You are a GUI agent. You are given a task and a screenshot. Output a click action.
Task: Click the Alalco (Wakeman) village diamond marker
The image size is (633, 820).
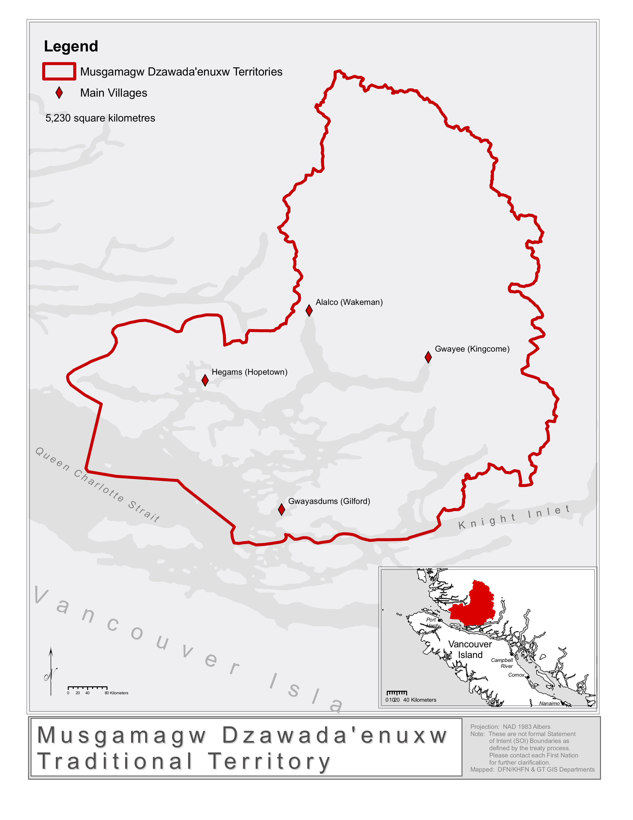[x=309, y=311]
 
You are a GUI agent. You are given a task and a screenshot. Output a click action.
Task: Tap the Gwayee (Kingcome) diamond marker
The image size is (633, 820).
[x=428, y=357]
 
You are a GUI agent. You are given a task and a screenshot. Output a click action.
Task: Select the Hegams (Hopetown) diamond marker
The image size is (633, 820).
[x=205, y=380]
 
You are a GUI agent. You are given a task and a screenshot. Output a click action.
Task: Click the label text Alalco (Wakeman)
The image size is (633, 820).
[x=349, y=302]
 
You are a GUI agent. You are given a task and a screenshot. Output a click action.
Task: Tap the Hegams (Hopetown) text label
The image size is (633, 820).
[x=249, y=372]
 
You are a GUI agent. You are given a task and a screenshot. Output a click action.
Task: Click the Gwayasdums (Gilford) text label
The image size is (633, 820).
[x=329, y=501]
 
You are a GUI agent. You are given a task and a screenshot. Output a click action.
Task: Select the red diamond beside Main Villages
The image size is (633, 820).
[x=59, y=93]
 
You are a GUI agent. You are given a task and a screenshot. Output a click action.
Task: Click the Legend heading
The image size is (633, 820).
[x=71, y=46]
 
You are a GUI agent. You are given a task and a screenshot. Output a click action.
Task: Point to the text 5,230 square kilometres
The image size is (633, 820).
[x=100, y=118]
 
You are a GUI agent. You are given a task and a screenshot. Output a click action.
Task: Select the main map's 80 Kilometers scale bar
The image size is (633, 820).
[x=88, y=688]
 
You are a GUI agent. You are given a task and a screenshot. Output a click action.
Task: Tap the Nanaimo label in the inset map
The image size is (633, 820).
[x=549, y=704]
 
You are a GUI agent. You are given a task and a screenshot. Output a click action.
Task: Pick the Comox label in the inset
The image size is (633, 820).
[x=516, y=675]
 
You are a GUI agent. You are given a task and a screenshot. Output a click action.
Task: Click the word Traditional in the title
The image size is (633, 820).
[x=115, y=761]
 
